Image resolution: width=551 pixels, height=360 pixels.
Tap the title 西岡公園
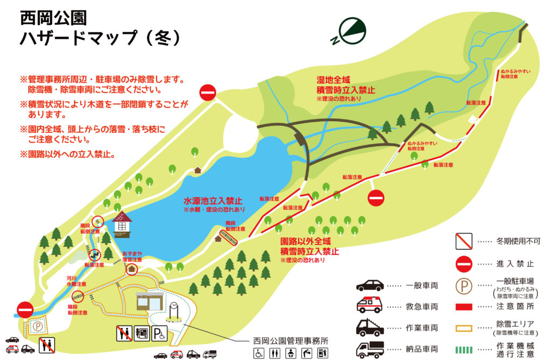point(53,18)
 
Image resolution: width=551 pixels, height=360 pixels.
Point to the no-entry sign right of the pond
point(376,198)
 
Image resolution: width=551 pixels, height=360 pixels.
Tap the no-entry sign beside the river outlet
point(25,309)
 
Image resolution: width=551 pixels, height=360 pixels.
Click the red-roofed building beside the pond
point(122,223)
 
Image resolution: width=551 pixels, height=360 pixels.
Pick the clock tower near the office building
point(173,311)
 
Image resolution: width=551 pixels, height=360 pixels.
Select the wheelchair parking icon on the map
point(160,334)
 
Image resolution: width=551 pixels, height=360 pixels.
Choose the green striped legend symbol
point(464,349)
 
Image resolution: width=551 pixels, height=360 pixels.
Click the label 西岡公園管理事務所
point(290,341)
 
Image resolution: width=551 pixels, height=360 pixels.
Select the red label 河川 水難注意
point(75,280)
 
